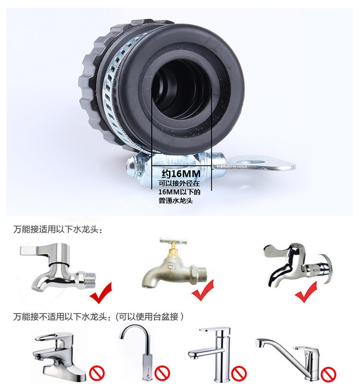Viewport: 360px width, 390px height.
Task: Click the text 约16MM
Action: coord(180,173)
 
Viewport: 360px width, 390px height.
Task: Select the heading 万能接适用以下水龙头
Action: coord(58,230)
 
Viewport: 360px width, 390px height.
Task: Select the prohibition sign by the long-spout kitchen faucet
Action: coord(329,373)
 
